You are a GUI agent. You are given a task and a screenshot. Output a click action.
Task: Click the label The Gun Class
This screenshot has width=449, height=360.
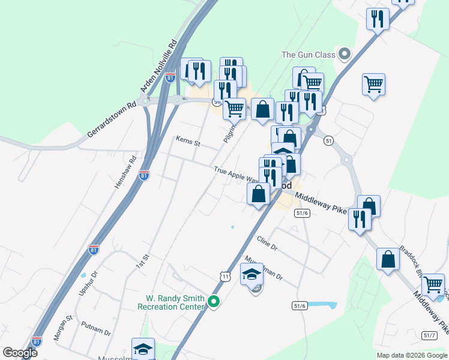point(308,55)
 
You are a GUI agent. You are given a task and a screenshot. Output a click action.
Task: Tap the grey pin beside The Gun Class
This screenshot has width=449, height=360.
point(344,55)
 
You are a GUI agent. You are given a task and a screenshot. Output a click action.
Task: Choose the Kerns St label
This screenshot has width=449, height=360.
point(188,142)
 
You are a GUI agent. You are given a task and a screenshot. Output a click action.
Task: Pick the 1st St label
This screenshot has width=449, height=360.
point(142,262)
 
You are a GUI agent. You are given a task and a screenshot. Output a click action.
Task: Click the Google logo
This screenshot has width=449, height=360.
point(20,353)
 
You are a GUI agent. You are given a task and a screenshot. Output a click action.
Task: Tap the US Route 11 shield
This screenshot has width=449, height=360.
point(225,276)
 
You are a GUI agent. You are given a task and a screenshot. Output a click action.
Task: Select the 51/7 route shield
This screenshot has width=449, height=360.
point(429,335)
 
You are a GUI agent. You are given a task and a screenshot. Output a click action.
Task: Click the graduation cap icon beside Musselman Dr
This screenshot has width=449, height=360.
point(252,275)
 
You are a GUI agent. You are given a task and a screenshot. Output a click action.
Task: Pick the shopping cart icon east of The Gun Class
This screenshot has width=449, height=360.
point(373,84)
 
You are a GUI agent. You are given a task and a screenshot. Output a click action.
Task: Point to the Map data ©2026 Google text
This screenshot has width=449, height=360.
point(411,355)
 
